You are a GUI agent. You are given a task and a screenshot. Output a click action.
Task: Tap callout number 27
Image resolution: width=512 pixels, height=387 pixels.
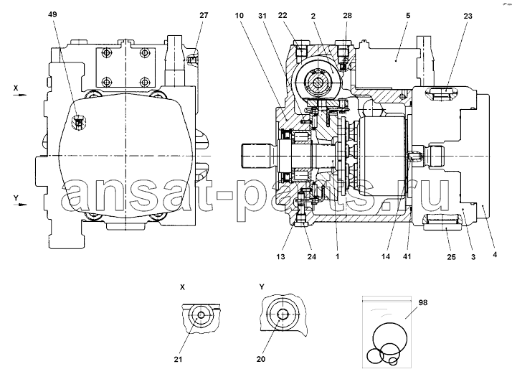click(204, 15)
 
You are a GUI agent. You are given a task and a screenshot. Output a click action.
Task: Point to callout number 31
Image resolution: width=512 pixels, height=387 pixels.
click(263, 15)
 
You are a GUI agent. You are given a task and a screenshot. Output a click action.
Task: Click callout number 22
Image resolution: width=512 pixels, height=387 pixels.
click(284, 15)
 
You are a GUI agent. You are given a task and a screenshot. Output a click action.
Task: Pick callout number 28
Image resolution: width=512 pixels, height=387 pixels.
click(347, 15)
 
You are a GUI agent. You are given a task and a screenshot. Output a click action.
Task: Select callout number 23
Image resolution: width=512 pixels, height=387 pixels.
click(468, 15)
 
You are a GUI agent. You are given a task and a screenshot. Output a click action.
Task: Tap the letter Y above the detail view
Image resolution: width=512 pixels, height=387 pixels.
click(262, 286)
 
